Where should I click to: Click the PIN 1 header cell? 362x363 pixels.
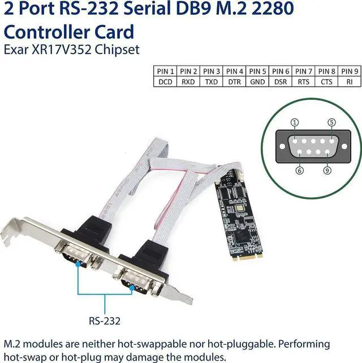pos(165,71)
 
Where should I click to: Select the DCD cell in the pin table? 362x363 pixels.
pos(165,81)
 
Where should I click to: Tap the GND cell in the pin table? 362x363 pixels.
pos(257,81)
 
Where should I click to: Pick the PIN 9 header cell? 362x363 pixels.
pos(349,71)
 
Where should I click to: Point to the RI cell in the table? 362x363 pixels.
pos(349,81)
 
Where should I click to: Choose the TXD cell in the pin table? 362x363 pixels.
pos(211,81)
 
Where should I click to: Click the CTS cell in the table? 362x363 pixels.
pos(326,81)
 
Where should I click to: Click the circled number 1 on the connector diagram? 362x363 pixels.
pos(295,122)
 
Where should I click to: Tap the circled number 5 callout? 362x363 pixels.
pos(332,122)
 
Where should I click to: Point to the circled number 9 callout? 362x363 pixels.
pos(327,169)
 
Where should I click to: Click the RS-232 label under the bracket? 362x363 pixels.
pos(104,321)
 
